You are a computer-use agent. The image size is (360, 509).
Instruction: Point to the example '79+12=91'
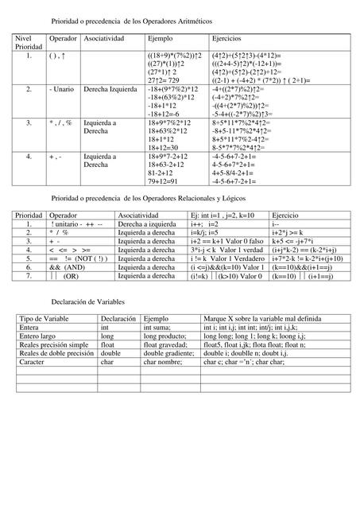point(165,182)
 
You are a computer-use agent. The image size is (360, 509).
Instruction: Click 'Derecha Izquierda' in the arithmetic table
point(110,91)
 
